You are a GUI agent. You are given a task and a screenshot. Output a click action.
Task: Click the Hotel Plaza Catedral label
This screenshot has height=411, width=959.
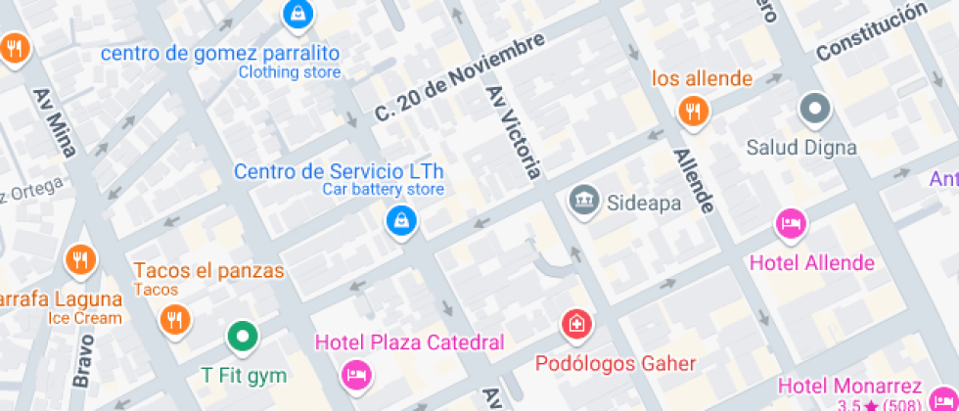(x=409, y=342)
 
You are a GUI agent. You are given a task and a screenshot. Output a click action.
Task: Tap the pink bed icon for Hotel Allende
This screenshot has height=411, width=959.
(x=791, y=224)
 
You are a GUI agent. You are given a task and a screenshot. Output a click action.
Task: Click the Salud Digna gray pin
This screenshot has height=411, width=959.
(x=814, y=109)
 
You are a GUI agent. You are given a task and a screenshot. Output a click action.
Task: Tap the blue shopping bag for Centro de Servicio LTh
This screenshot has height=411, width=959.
(x=401, y=220)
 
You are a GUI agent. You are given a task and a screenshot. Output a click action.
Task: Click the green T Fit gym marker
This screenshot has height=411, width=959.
(x=242, y=338)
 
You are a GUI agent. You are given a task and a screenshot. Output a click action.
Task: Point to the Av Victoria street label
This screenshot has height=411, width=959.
(x=514, y=131)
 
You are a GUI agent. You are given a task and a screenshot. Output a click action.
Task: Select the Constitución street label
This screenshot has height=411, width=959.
(x=870, y=30)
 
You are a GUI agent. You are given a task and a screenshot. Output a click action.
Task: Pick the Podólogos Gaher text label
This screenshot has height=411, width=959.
(x=616, y=364)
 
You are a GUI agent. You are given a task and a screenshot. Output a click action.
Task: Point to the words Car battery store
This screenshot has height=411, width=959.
(x=384, y=190)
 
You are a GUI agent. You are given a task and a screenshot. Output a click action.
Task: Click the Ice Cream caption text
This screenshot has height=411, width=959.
(x=85, y=318)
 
